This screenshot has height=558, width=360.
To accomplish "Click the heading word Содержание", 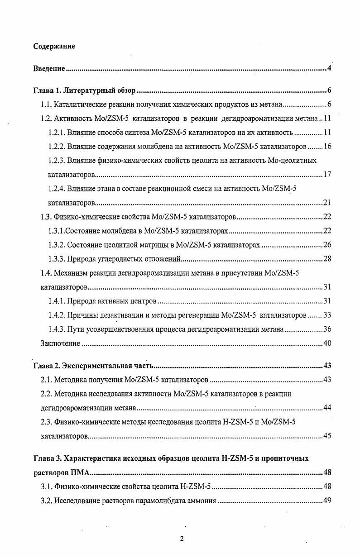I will point(54,46).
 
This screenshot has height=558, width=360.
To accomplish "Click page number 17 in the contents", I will point(327,175).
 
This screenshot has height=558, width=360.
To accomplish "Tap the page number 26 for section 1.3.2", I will point(327,245).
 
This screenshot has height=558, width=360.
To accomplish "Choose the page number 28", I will point(327,259).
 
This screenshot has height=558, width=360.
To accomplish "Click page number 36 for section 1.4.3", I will point(327,329).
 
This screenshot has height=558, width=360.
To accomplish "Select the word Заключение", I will point(61,343).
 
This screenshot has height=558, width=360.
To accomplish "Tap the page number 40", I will point(327,343).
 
